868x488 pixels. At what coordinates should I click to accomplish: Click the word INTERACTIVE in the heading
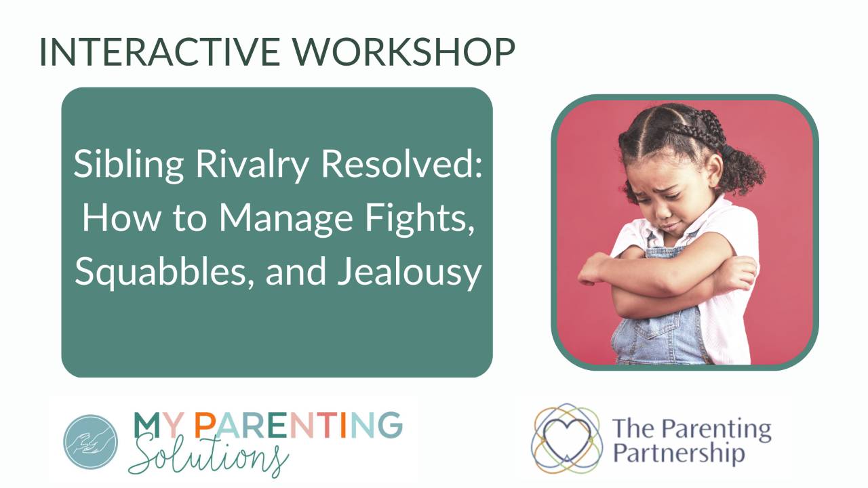pos(159,52)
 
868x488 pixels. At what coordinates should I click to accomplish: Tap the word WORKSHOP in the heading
pos(403,52)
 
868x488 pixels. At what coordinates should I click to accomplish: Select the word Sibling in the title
pos(128,165)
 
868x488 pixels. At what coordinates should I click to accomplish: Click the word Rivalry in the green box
pos(252,165)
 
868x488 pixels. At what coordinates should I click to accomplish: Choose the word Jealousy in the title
pos(409,273)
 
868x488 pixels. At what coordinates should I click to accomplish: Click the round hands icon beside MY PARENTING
pos(91,442)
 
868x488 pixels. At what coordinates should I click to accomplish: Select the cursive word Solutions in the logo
pos(208,456)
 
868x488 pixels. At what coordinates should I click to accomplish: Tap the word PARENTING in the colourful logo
pos(298,425)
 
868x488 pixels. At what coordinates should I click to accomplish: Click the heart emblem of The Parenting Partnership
pos(567,438)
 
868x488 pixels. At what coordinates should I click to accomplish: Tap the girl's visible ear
pos(713,170)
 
